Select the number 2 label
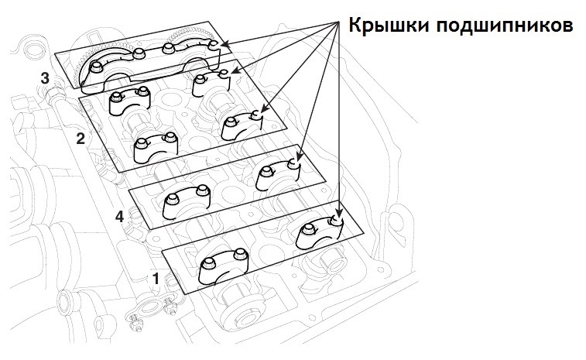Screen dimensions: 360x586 (79, 139)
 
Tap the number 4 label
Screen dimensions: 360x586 (118, 218)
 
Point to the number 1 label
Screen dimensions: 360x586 (156, 276)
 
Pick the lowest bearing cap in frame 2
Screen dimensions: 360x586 (156, 148)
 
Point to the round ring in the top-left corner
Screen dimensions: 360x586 (33, 53)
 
